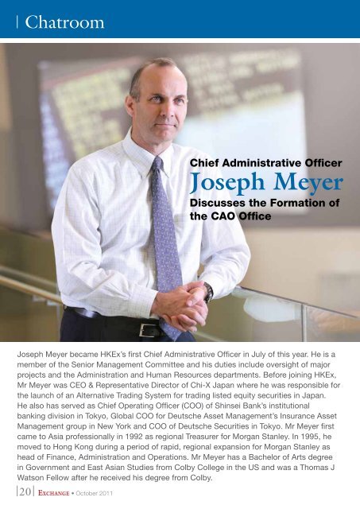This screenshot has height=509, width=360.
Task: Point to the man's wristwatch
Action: coord(208,292)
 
